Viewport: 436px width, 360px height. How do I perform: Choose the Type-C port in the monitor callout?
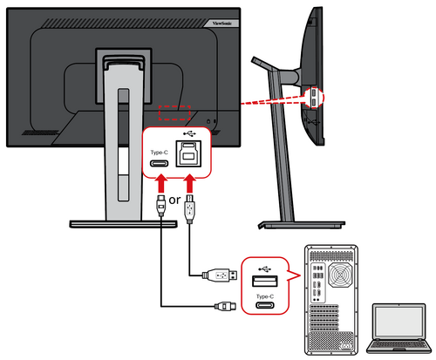160,163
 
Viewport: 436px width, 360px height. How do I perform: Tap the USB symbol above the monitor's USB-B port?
190,137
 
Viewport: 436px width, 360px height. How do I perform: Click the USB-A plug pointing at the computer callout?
219,275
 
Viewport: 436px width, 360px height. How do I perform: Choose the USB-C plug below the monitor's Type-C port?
160,207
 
